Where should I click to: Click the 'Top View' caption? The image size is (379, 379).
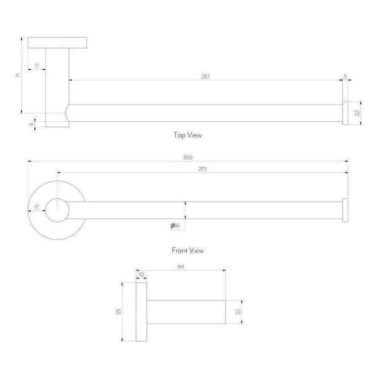[188, 135]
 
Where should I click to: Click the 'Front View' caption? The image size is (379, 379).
[188, 250]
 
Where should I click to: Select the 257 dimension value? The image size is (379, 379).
[205, 76]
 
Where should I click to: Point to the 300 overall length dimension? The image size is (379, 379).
[188, 158]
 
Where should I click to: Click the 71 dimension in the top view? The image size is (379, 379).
[18, 75]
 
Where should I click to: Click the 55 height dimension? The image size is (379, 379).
[119, 312]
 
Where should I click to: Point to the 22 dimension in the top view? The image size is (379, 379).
[356, 113]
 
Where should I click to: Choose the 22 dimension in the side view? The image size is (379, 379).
[238, 312]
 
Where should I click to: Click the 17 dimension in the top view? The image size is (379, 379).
[37, 66]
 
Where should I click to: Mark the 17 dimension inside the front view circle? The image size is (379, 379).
[36, 207]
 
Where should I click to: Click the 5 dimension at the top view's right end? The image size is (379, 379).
[345, 76]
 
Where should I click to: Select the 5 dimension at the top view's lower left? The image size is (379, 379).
[31, 123]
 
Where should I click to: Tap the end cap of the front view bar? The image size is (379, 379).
[345, 210]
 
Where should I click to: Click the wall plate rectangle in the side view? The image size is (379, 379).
[141, 312]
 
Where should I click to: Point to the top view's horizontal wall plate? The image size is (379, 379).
[58, 43]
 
